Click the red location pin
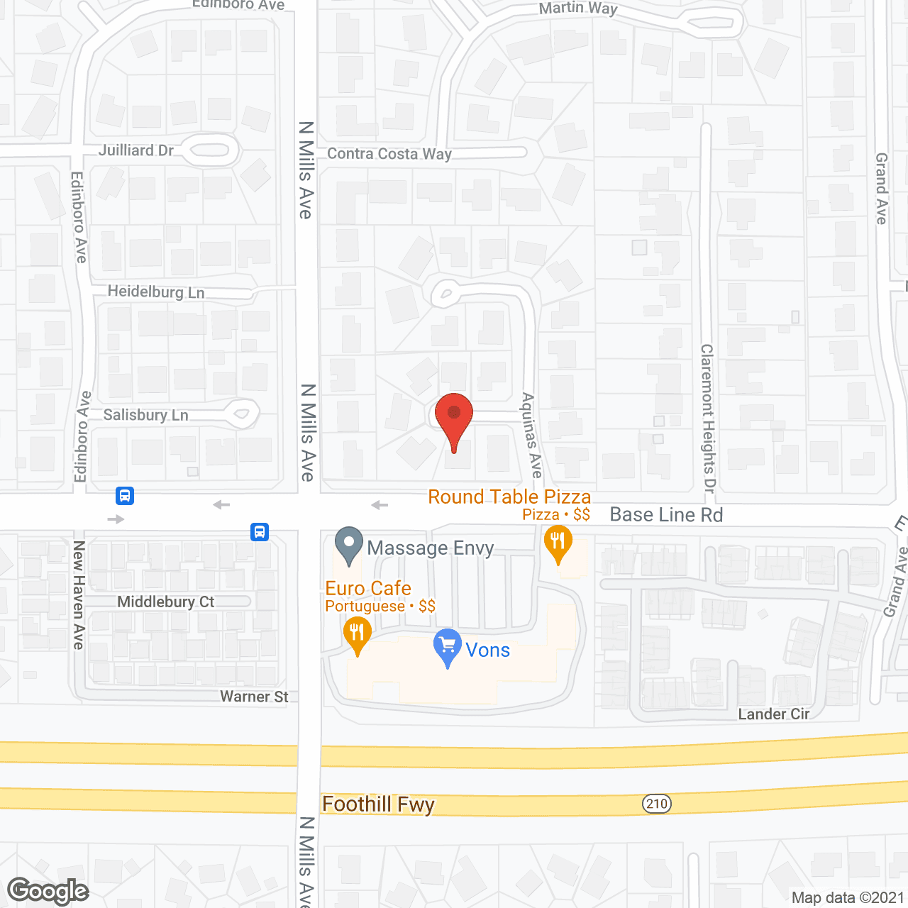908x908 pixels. tap(453, 419)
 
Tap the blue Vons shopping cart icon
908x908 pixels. tap(447, 646)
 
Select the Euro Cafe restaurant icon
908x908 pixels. tap(357, 633)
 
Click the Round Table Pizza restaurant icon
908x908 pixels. tap(558, 543)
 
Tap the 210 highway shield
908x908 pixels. tap(657, 803)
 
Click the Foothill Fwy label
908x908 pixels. tap(378, 804)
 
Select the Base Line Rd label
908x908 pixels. tap(666, 515)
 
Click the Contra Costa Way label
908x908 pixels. tap(389, 153)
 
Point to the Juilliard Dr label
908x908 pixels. tap(135, 150)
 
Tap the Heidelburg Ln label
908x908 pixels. tap(156, 292)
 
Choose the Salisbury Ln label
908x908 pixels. tap(146, 415)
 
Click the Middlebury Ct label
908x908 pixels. tap(165, 602)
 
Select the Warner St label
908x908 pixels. tap(254, 697)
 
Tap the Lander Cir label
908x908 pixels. tap(773, 714)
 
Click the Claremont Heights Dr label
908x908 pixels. tap(707, 419)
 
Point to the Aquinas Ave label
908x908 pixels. tap(531, 435)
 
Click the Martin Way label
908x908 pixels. tap(578, 9)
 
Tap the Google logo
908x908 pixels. tap(48, 891)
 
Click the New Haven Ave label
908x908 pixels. tap(79, 594)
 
